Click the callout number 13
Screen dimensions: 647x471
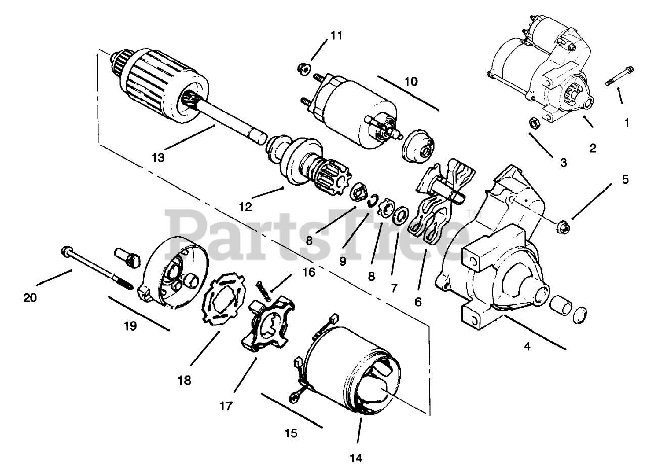158,158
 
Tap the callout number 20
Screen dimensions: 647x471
30,298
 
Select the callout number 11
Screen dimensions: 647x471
336,36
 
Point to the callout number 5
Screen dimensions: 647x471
625,179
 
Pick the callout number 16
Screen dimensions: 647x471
309,273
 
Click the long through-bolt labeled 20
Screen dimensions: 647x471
96,267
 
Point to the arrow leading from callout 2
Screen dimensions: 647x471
588,121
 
